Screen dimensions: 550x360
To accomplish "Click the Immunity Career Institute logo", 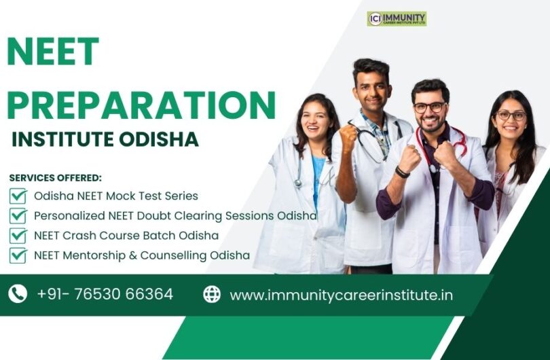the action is pyautogui.click(x=397, y=18).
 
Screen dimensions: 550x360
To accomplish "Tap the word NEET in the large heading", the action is pyautogui.click(x=52, y=52).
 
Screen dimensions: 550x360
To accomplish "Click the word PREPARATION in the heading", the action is pyautogui.click(x=141, y=105).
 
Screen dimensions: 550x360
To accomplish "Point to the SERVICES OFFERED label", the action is pyautogui.click(x=56, y=178).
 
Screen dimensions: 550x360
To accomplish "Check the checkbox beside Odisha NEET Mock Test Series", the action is pyautogui.click(x=18, y=196).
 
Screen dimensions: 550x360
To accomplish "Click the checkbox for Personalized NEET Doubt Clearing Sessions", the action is pyautogui.click(x=18, y=215).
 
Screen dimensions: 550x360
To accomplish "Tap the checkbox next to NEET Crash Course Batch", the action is pyautogui.click(x=18, y=236).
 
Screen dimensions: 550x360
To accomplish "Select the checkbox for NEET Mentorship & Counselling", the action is pyautogui.click(x=18, y=255).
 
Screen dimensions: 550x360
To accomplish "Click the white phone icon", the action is pyautogui.click(x=18, y=293).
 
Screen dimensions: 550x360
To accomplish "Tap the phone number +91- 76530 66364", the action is pyautogui.click(x=105, y=294).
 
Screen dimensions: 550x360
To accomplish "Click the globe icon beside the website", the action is pyautogui.click(x=212, y=294).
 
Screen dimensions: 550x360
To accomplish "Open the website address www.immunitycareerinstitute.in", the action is pyautogui.click(x=342, y=295).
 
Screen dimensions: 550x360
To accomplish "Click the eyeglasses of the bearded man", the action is pyautogui.click(x=430, y=107).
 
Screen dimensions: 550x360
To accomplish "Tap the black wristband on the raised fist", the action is pyautogui.click(x=402, y=173).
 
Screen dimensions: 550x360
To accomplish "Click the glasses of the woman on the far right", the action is pyautogui.click(x=511, y=115).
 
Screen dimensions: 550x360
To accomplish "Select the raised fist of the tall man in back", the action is pyautogui.click(x=348, y=135).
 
